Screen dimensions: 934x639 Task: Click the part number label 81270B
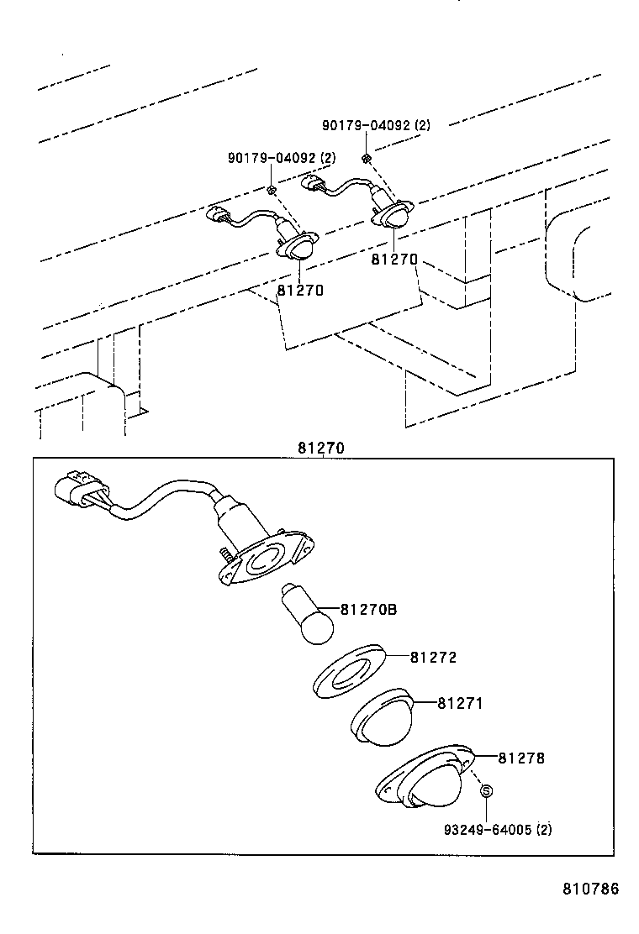[369, 609]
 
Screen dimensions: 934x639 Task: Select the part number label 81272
[433, 658]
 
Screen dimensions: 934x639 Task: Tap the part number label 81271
[460, 703]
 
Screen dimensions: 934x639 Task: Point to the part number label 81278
[521, 758]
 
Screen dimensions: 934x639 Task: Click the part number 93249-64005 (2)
[498, 830]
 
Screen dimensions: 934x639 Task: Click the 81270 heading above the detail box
[320, 448]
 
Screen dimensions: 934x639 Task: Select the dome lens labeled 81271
[381, 719]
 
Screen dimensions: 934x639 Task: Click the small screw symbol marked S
[486, 791]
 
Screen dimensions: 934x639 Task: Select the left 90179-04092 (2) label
[281, 158]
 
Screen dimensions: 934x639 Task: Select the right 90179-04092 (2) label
[376, 125]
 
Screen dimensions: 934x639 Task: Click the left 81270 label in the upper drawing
[299, 290]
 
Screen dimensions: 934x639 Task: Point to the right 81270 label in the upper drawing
[394, 260]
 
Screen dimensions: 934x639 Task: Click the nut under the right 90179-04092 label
[367, 158]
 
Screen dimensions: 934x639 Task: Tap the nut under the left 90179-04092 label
[272, 191]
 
